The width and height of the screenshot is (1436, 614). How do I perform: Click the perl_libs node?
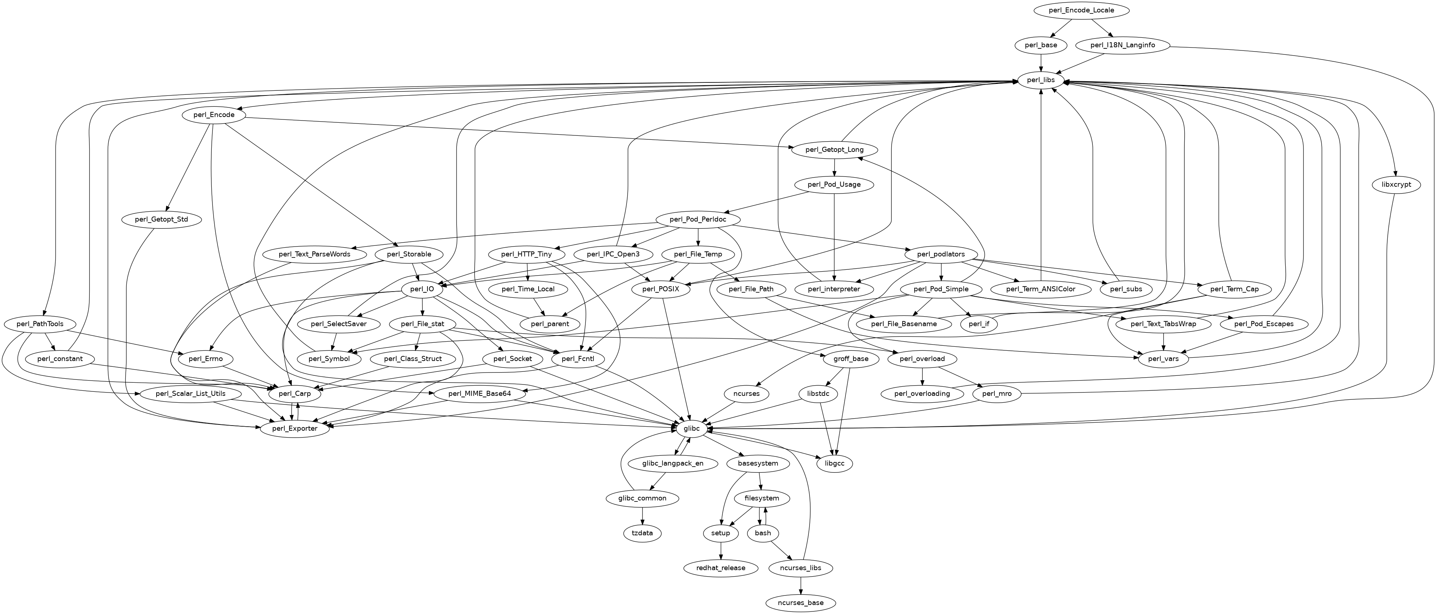(x=1040, y=80)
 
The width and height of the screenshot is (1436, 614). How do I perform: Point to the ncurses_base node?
(x=800, y=603)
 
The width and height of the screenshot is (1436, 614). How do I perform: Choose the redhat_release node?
(x=721, y=568)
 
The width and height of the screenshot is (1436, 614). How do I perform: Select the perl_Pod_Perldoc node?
(x=698, y=220)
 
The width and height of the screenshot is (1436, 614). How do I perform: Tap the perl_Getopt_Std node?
(x=162, y=220)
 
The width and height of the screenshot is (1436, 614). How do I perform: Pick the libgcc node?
(x=835, y=464)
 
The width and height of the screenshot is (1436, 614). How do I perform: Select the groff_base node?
(x=850, y=359)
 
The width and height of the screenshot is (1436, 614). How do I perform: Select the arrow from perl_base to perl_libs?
(x=1040, y=63)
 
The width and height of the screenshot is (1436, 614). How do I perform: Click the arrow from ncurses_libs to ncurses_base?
(x=800, y=586)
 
